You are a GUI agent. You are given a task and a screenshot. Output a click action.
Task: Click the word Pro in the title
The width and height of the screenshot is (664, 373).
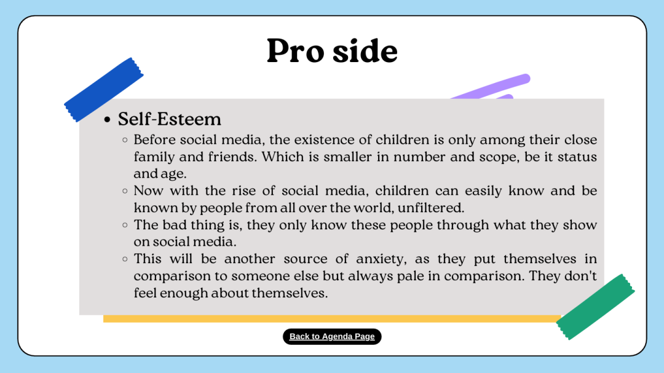click(x=294, y=51)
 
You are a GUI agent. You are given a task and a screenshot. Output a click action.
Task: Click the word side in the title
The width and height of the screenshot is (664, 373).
click(x=365, y=51)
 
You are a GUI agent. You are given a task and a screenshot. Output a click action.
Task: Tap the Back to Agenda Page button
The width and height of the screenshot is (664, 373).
click(x=332, y=337)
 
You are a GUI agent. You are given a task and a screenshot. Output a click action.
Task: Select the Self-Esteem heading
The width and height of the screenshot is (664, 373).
click(x=170, y=119)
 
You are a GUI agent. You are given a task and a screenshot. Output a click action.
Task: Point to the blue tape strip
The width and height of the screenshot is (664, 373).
click(x=104, y=90)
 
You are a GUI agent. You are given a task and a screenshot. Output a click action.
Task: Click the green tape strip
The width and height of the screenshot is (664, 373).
click(x=595, y=307)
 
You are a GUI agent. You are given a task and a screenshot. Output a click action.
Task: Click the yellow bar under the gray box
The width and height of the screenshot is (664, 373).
click(x=332, y=318)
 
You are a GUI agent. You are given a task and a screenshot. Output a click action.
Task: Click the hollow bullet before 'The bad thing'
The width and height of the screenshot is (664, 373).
click(x=125, y=225)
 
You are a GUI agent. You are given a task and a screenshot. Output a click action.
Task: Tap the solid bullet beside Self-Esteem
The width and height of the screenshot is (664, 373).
click(x=107, y=120)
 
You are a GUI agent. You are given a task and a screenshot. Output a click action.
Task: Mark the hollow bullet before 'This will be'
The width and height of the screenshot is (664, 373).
click(x=125, y=259)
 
